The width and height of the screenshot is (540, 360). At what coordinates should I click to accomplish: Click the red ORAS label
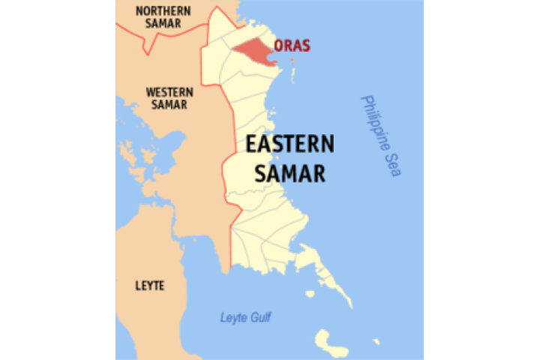pyautogui.click(x=292, y=46)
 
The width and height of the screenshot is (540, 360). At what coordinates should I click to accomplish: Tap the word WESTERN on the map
pyautogui.click(x=169, y=92)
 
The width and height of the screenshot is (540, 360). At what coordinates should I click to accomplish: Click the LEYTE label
pyautogui.click(x=150, y=286)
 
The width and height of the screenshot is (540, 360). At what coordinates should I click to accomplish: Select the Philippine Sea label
pyautogui.click(x=380, y=136)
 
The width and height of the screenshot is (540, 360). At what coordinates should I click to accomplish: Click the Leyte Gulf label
pyautogui.click(x=245, y=317)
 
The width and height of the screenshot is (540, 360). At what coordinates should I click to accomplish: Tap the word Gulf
pyautogui.click(x=260, y=317)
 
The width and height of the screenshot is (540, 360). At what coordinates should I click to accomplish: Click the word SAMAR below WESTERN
pyautogui.click(x=169, y=105)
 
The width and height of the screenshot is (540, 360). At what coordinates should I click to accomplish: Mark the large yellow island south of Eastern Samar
pyautogui.click(x=331, y=342)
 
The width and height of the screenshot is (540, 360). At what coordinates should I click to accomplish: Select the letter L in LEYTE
pyautogui.click(x=138, y=286)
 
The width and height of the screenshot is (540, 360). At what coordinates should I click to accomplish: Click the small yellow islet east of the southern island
pyautogui.click(x=376, y=342)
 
